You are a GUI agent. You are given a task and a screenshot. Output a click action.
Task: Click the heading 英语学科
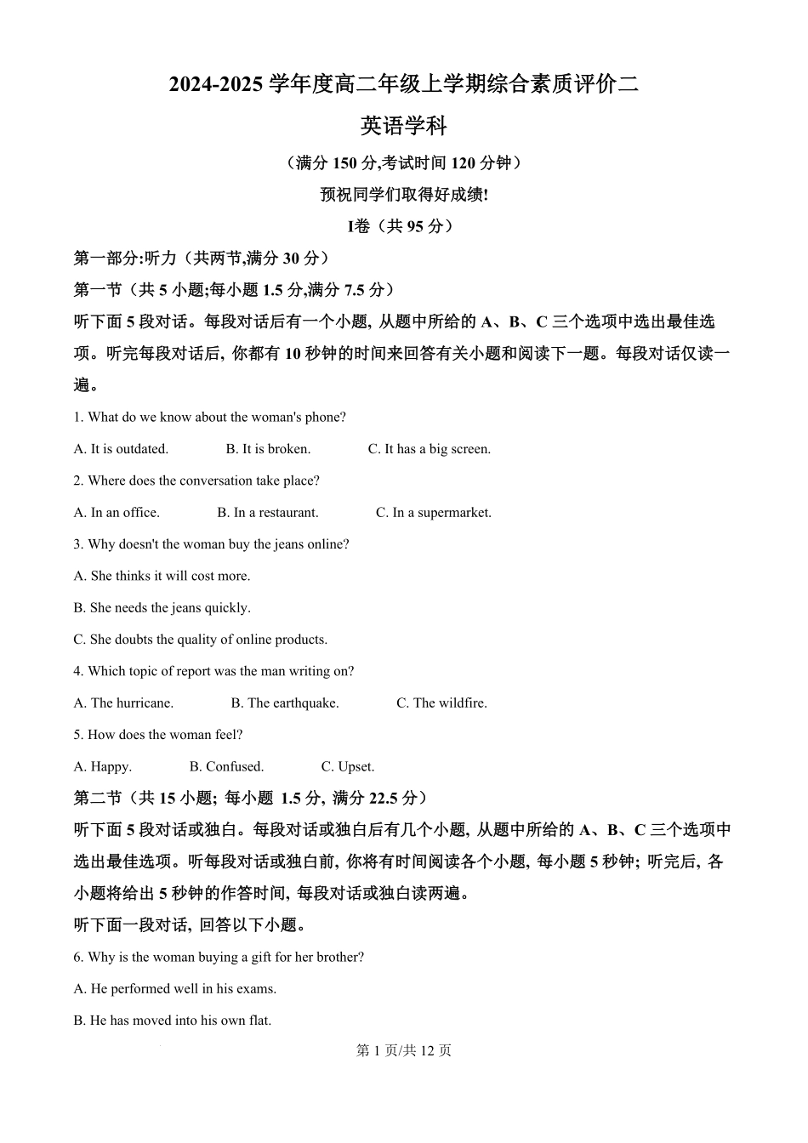coord(403,127)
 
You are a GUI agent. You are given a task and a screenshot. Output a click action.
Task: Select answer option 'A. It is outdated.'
coord(121,449)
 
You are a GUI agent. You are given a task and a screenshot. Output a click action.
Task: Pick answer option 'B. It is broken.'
coord(268,449)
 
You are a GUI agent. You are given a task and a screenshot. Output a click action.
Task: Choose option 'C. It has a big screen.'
coord(429,449)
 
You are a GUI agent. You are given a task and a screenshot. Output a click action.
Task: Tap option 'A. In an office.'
coord(117,513)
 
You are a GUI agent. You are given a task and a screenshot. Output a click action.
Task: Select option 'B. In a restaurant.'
coord(267,513)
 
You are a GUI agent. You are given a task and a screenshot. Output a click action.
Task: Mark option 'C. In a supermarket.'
coord(433,513)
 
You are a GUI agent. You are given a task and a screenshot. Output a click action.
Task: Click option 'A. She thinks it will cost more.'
coord(162,577)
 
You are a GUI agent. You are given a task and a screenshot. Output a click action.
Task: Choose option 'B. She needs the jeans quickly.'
coord(162,608)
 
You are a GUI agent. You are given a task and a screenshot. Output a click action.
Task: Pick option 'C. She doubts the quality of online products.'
coord(200,640)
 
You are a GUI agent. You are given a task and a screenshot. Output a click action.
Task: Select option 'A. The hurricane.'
coord(123,703)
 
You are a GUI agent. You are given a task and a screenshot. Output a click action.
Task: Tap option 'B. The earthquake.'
coord(284,703)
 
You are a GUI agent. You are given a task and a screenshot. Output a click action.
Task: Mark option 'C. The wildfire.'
coord(441,703)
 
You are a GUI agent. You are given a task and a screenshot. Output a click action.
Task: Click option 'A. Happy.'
coord(102,767)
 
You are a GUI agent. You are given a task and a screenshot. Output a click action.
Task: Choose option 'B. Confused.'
coord(226,767)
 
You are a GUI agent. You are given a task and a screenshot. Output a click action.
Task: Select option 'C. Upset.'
coord(347,767)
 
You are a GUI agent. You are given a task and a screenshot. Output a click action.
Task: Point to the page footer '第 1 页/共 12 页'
coord(403,1051)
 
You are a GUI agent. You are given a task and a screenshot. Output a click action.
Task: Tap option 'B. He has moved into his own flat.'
coord(172,1021)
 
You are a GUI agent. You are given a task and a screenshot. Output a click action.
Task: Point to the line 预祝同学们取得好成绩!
coord(403,195)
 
